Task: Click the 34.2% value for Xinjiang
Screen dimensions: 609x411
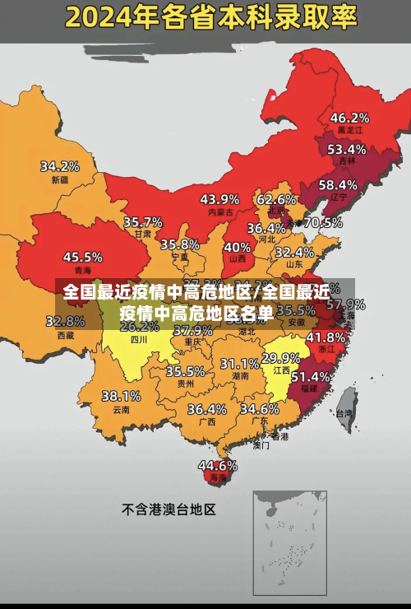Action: [x=60, y=165]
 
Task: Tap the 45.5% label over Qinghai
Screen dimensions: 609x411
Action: [x=83, y=257]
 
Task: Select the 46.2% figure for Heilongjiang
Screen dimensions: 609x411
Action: [x=349, y=118]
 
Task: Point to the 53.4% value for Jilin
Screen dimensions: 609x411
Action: [x=346, y=149]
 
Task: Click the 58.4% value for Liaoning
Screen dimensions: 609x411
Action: [x=338, y=184]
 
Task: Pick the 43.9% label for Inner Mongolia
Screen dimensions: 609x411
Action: [x=219, y=198]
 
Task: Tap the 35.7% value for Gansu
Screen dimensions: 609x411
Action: [x=143, y=221]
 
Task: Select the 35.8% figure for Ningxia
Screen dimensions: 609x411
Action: [x=180, y=244]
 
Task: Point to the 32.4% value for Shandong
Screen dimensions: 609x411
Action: [x=294, y=252]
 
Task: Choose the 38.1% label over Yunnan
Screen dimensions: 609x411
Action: [x=121, y=396]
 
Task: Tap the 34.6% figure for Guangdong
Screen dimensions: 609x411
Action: [x=260, y=408]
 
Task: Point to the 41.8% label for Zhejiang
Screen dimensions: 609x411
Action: [x=326, y=337]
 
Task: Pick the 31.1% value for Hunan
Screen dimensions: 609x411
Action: [x=239, y=363]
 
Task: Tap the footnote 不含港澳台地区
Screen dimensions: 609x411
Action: [x=169, y=509]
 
